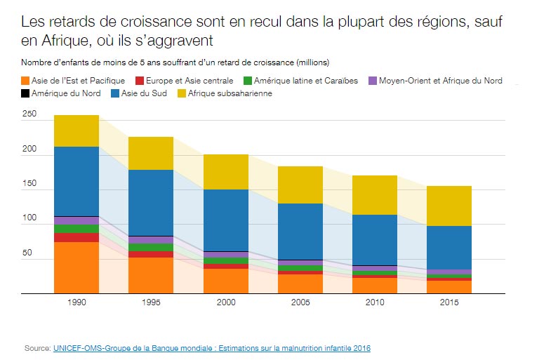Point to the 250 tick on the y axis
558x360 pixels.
point(29,114)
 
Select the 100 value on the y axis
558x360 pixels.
point(29,218)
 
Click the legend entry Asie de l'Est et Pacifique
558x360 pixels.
point(73,81)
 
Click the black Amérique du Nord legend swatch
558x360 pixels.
point(25,93)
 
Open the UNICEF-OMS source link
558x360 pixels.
point(211,347)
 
